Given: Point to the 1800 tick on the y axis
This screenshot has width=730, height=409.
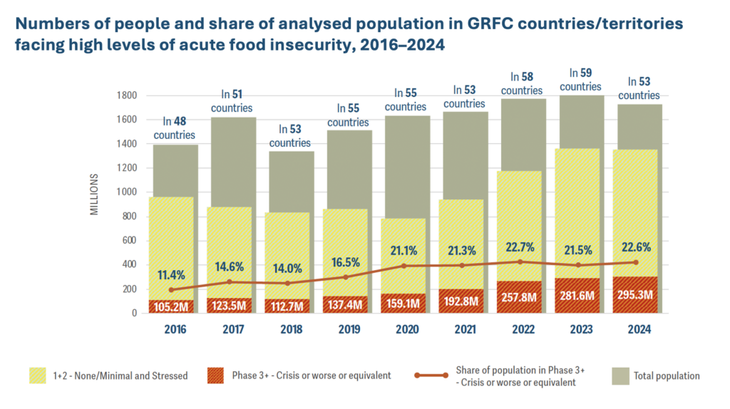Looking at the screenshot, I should click(x=127, y=95).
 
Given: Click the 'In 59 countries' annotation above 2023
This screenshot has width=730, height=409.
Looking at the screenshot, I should click(x=580, y=79).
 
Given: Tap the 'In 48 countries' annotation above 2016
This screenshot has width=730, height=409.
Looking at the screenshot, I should click(x=175, y=128).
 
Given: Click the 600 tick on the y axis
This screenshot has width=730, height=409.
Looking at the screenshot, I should click(x=129, y=241).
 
